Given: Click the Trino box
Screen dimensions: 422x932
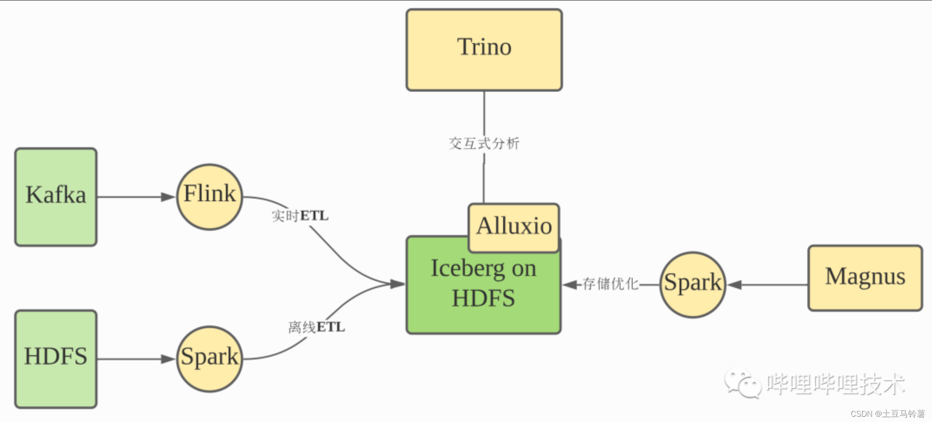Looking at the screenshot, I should coord(484,50).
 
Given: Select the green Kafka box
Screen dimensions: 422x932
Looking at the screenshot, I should coord(56,197).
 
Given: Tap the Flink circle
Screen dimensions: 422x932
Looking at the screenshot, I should coord(209,197).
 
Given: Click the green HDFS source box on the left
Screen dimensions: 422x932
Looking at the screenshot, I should coord(56,359).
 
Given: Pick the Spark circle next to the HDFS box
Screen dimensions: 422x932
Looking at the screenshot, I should coord(209,359).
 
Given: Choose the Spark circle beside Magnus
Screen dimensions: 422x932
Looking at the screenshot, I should coord(693,285).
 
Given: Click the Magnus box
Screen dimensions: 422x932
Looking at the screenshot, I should coord(865,278).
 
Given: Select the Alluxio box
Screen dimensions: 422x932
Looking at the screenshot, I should coord(514,227).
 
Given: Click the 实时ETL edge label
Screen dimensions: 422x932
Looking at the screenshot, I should coord(300,216).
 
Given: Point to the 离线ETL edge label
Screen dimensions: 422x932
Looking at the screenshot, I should coord(316,327).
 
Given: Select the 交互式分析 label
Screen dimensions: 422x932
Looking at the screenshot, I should coord(484,143).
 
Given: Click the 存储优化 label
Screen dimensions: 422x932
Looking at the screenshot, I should coord(610,284).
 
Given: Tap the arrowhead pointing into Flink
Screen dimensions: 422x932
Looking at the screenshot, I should coord(168,197).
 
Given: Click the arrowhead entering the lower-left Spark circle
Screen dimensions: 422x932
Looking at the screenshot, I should coord(168,359).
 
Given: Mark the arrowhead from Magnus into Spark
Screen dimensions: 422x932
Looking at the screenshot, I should coord(734,285).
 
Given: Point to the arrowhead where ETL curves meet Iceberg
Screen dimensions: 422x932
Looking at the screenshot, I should coord(397,284).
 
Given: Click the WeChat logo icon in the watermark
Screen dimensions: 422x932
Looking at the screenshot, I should coord(742,383).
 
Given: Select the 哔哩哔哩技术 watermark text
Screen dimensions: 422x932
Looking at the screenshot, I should coord(835,384).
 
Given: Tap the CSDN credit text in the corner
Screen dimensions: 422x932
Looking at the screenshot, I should coord(888,414).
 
